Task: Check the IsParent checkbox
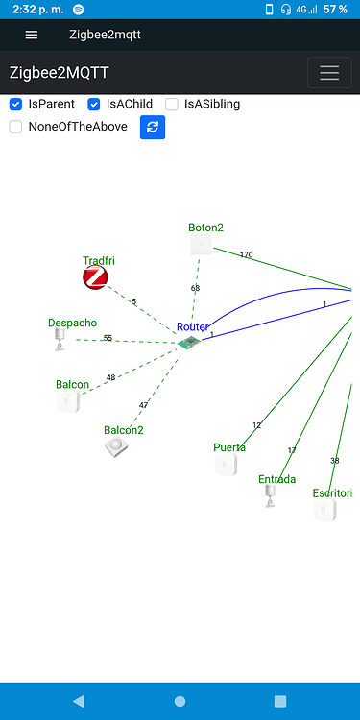click(15, 104)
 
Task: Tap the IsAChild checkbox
click(94, 104)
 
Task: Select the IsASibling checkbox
click(172, 104)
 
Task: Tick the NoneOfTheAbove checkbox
click(15, 127)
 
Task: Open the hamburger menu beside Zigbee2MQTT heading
click(329, 73)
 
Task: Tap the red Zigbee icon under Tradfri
click(95, 278)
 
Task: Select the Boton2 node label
click(205, 228)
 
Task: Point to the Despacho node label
click(72, 324)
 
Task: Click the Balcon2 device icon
click(117, 447)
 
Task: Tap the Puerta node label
click(229, 447)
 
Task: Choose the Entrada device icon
click(270, 495)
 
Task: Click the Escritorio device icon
click(324, 510)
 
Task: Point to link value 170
click(246, 255)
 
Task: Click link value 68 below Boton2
click(195, 288)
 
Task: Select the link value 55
click(108, 338)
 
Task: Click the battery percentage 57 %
click(335, 9)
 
